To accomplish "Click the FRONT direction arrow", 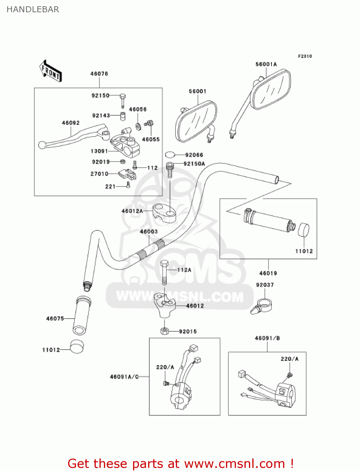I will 50,72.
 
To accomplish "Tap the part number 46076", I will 99,74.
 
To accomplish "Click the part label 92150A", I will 194,164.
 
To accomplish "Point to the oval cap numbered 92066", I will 170,154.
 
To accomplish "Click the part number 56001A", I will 266,64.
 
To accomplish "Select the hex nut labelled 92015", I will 165,331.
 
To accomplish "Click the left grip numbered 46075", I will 82,316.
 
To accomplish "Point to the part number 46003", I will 149,232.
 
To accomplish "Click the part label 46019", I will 268,273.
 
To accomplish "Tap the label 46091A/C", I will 124,377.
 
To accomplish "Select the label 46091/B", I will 267,338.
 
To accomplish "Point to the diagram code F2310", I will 305,56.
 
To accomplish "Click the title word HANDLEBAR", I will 33,9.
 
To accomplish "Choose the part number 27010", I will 99,174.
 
